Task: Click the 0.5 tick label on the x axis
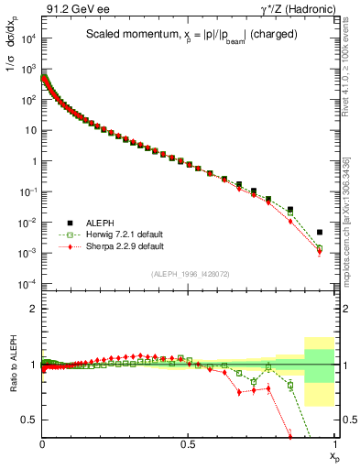click(x=188, y=442)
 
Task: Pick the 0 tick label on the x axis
click(x=42, y=442)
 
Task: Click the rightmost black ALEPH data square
click(x=320, y=233)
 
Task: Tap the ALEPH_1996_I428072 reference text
click(x=188, y=274)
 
